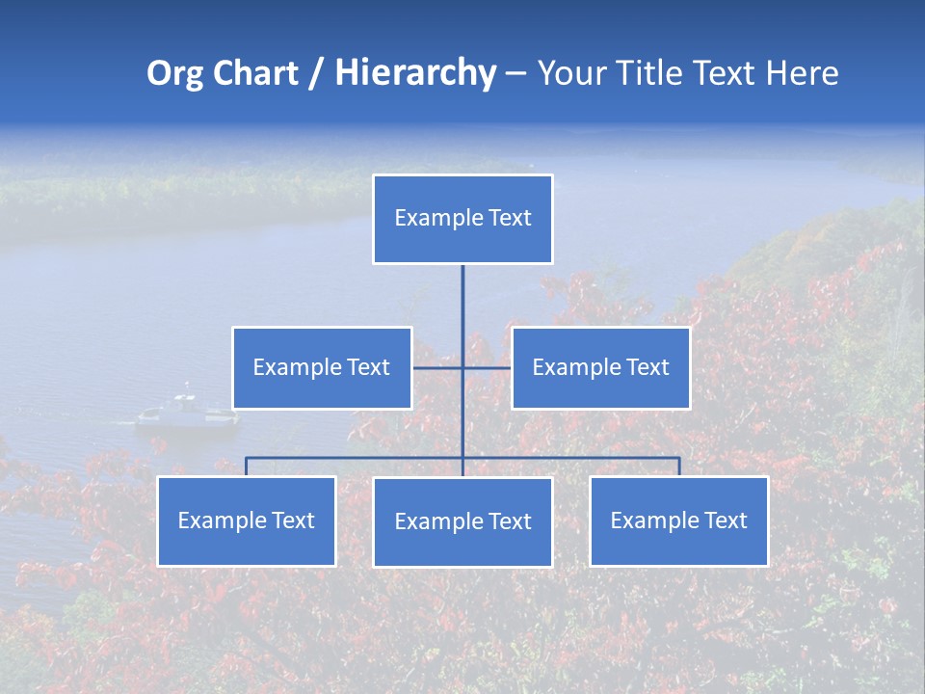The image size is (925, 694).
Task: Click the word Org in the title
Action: point(176,73)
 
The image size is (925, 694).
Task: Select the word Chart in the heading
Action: point(255,73)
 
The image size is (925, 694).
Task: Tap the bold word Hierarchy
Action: point(415,73)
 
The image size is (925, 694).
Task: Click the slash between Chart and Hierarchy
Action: point(316,74)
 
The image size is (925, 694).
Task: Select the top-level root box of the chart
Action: point(462,219)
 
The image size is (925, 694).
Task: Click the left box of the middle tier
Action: point(322,368)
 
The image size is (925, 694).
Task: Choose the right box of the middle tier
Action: point(600,368)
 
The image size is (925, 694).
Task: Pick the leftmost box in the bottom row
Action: point(247,521)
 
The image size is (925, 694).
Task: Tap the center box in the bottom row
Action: point(462,522)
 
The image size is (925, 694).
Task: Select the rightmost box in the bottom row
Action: point(679,521)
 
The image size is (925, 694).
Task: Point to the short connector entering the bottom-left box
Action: point(247,467)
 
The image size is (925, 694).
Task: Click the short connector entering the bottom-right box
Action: point(679,467)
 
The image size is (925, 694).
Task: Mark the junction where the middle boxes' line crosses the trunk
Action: point(462,367)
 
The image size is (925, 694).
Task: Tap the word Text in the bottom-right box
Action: point(725,520)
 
